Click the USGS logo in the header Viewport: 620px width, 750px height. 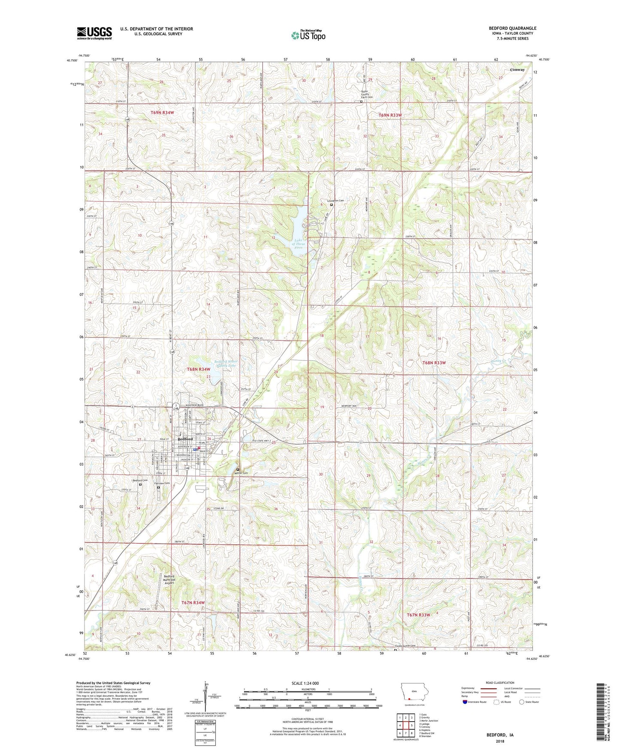point(94,33)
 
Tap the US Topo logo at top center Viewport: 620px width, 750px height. point(308,35)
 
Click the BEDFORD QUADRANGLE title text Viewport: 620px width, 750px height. point(512,28)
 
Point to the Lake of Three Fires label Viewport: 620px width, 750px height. point(299,244)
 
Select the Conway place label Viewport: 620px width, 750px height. point(517,70)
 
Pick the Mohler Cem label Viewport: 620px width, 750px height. point(241,473)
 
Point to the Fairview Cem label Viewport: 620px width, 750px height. point(162,484)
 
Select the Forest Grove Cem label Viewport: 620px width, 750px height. point(405,646)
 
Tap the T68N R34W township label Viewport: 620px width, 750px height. point(199,369)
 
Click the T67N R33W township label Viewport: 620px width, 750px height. point(418,615)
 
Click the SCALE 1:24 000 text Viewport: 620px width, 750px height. point(305,683)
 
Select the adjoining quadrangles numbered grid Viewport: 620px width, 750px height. point(405,726)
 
